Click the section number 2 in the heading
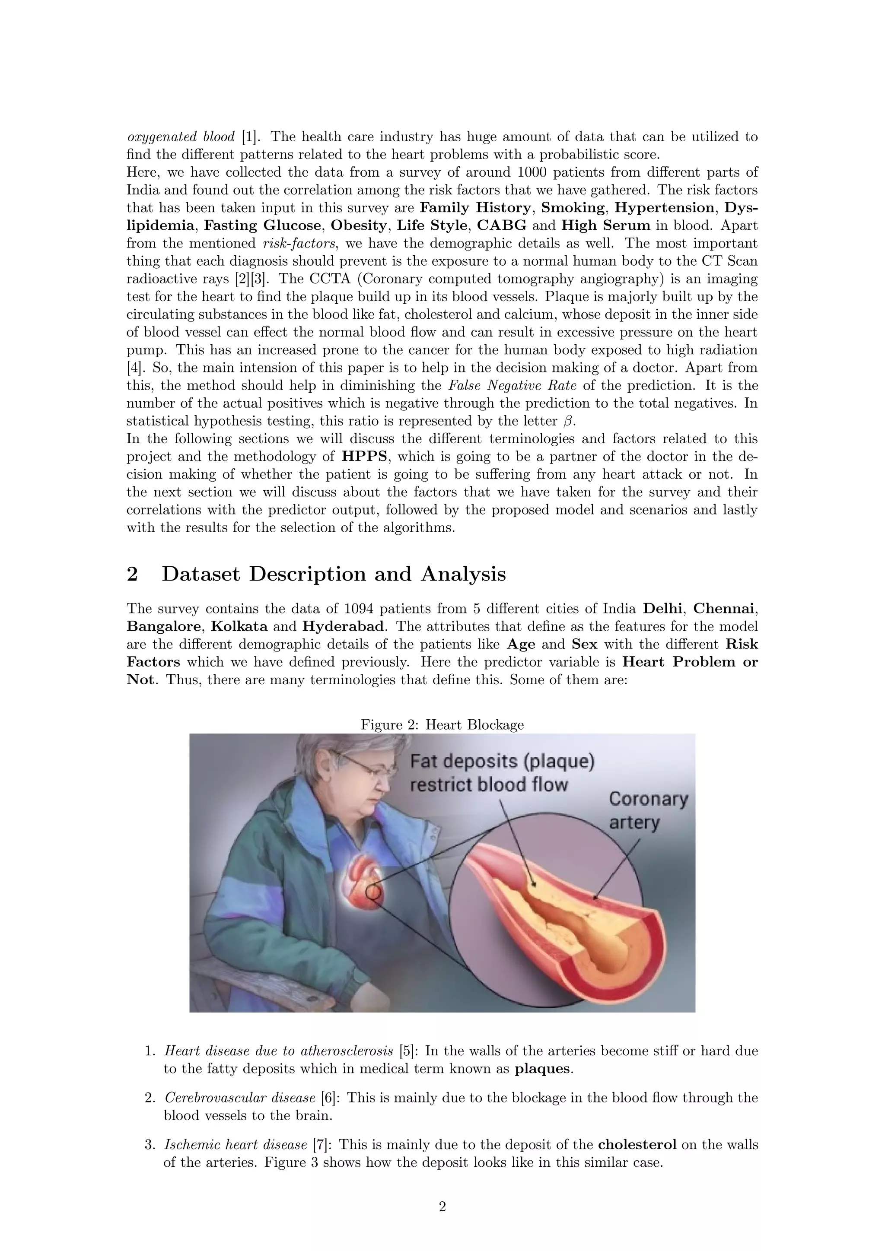(x=132, y=574)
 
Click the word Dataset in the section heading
(x=201, y=574)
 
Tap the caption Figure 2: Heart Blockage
(x=442, y=725)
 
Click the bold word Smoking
(x=573, y=208)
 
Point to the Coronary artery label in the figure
(x=648, y=811)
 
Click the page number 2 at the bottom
(x=442, y=1207)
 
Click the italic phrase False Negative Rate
(x=512, y=386)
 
